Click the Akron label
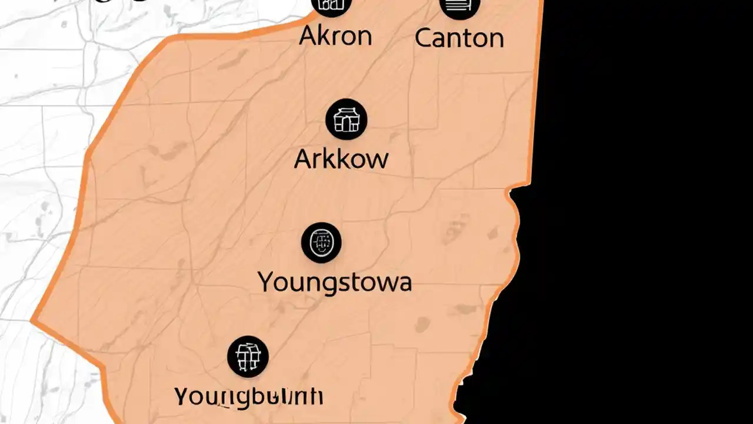click(335, 37)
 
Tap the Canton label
click(459, 38)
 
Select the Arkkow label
click(341, 159)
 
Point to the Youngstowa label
click(335, 283)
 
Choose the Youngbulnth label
click(249, 396)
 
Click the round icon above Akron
click(333, 5)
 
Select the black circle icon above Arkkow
click(346, 120)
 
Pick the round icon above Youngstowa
click(321, 243)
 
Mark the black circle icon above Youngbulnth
click(248, 357)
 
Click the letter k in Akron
click(324, 37)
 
